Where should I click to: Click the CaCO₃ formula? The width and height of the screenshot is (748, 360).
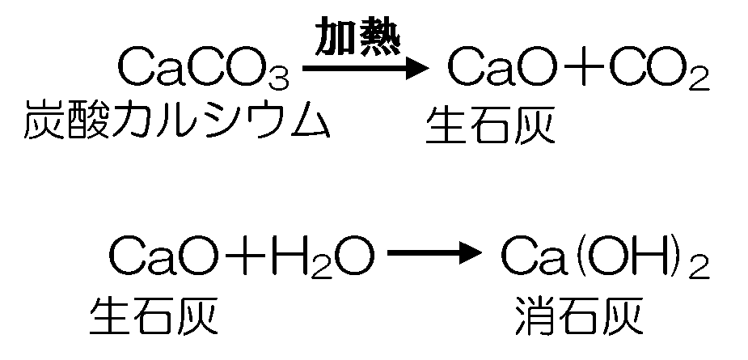pyautogui.click(x=204, y=70)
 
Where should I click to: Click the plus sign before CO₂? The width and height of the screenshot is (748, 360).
pyautogui.click(x=582, y=68)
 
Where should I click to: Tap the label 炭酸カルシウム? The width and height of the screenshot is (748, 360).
pyautogui.click(x=176, y=120)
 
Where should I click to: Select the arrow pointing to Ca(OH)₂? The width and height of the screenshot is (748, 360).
pyautogui.click(x=434, y=252)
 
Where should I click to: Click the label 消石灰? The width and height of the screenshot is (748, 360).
pyautogui.click(x=579, y=316)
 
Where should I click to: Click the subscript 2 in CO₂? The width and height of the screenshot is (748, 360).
pyautogui.click(x=699, y=78)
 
